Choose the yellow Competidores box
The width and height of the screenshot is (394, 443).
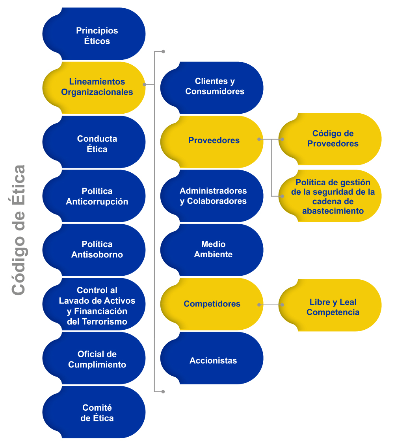(212, 304)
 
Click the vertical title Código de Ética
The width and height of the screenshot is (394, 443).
(18, 230)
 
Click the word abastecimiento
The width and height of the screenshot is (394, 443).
(333, 211)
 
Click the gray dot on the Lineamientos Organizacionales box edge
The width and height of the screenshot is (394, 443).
(145, 84)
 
